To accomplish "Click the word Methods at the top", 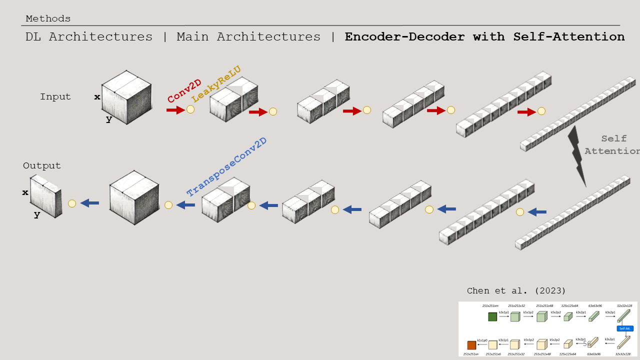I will [48, 19].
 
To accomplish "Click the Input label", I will [55, 97].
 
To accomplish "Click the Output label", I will [42, 165].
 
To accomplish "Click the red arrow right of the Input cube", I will [175, 109].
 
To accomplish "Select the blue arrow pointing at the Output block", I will [90, 203].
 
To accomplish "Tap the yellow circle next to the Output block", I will [72, 203].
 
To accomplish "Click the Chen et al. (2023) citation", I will [516, 291].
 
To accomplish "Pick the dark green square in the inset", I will [492, 316].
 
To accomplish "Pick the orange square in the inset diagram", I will [471, 345].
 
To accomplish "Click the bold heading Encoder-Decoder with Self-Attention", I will [484, 37].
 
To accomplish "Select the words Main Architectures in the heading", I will [248, 37].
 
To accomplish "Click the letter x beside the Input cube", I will [97, 97].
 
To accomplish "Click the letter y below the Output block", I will [37, 214].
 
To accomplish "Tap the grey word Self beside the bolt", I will [614, 139].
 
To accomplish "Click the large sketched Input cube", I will [127, 97].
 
